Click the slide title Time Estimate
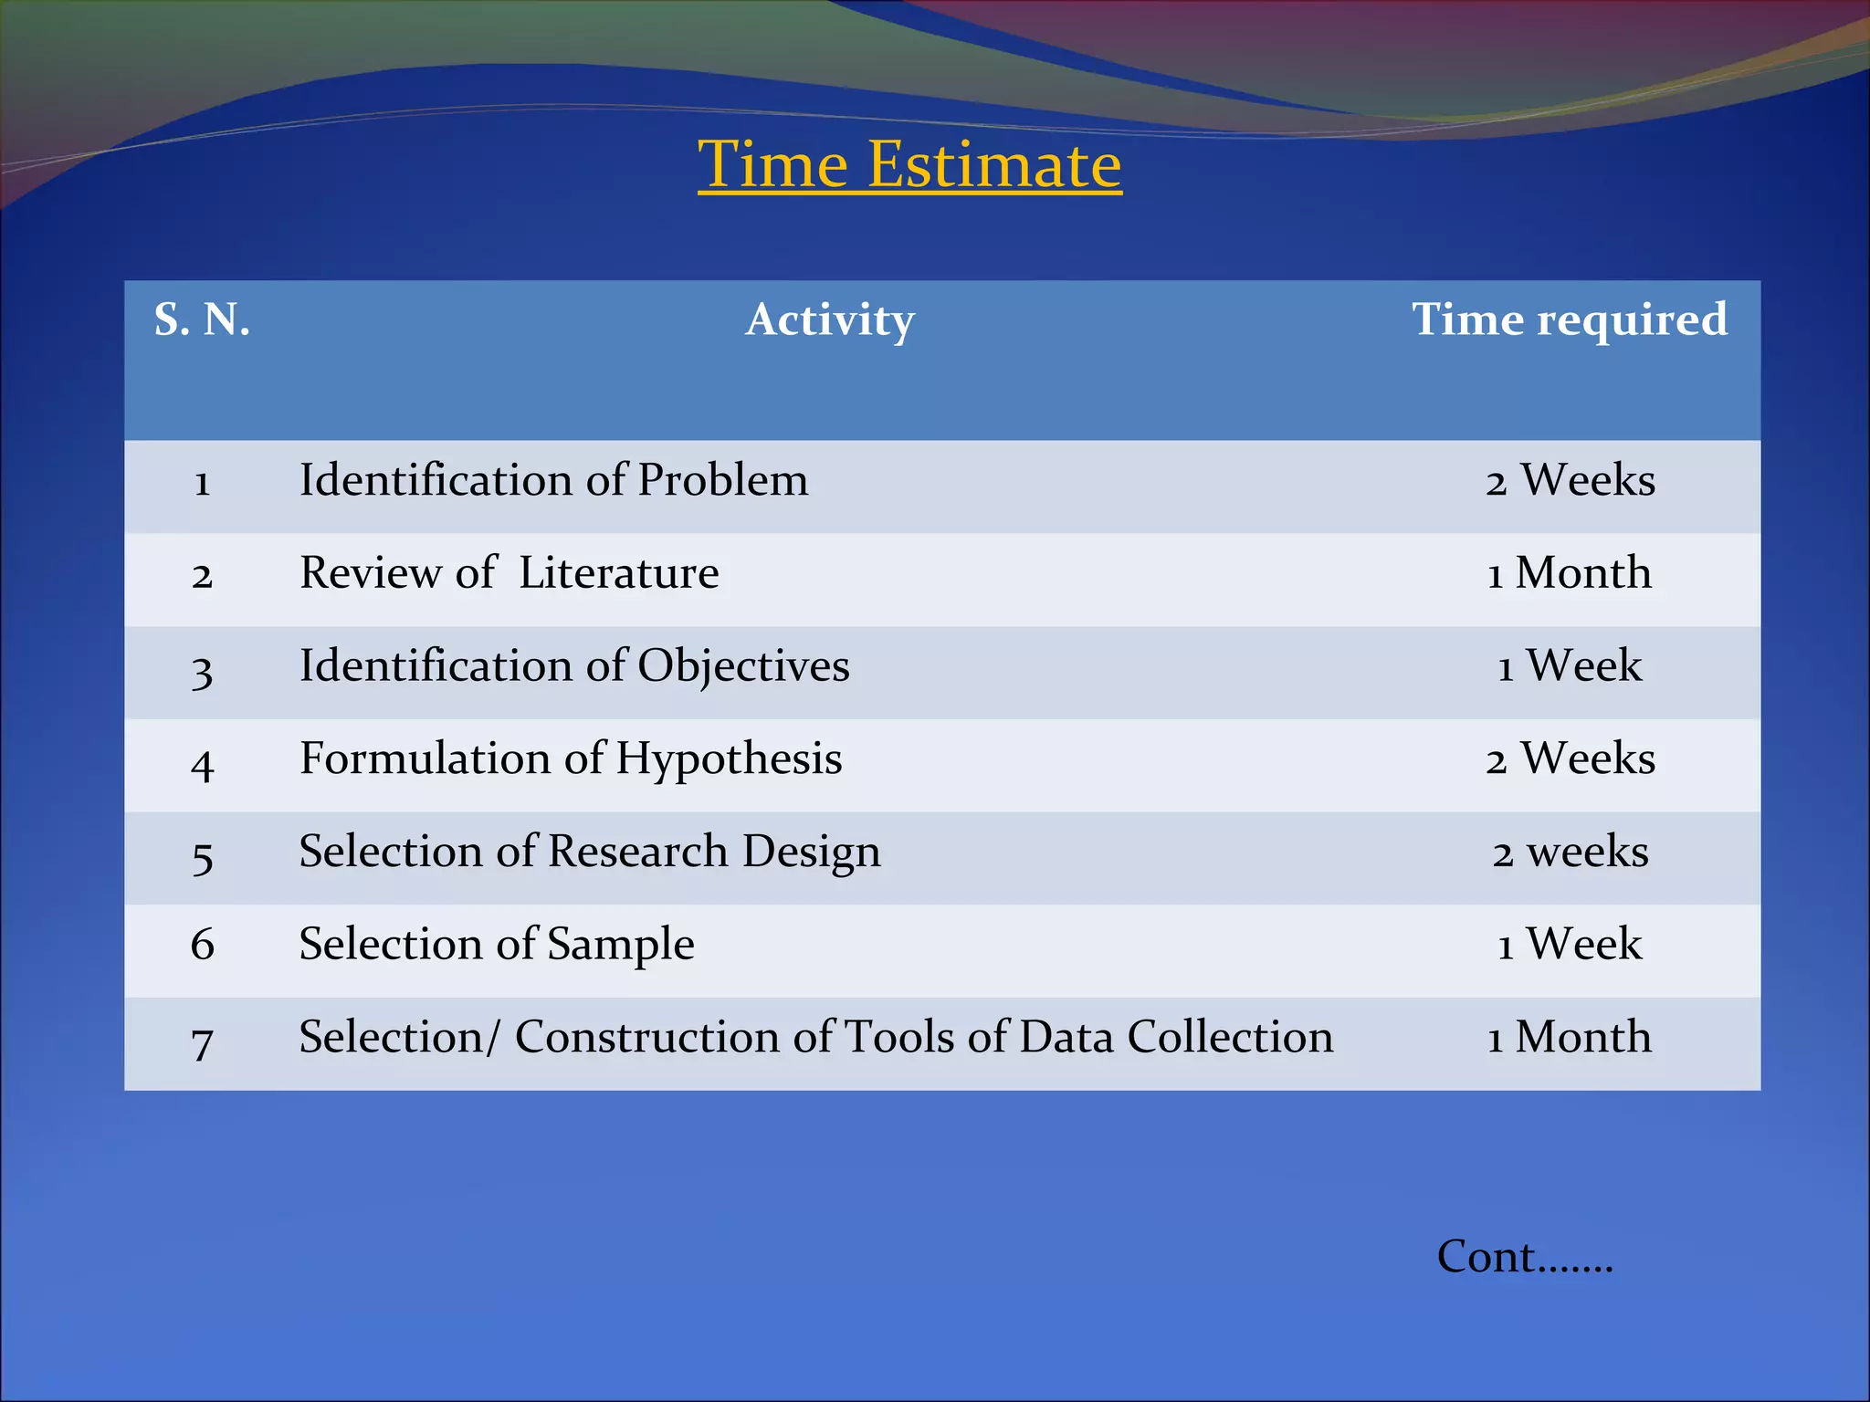(909, 165)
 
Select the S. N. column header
(202, 319)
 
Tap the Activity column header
(829, 319)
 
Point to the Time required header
(1569, 319)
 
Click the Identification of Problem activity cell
(553, 480)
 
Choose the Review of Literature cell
(509, 573)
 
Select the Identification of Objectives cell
(574, 665)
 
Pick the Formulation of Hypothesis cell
(571, 759)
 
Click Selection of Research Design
(590, 852)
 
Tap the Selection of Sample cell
(497, 944)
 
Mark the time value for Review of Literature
(1569, 573)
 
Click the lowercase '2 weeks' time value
(1570, 852)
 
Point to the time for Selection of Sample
(1569, 944)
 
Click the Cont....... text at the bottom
(1524, 1257)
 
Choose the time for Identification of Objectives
(1569, 665)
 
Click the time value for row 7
(1569, 1037)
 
